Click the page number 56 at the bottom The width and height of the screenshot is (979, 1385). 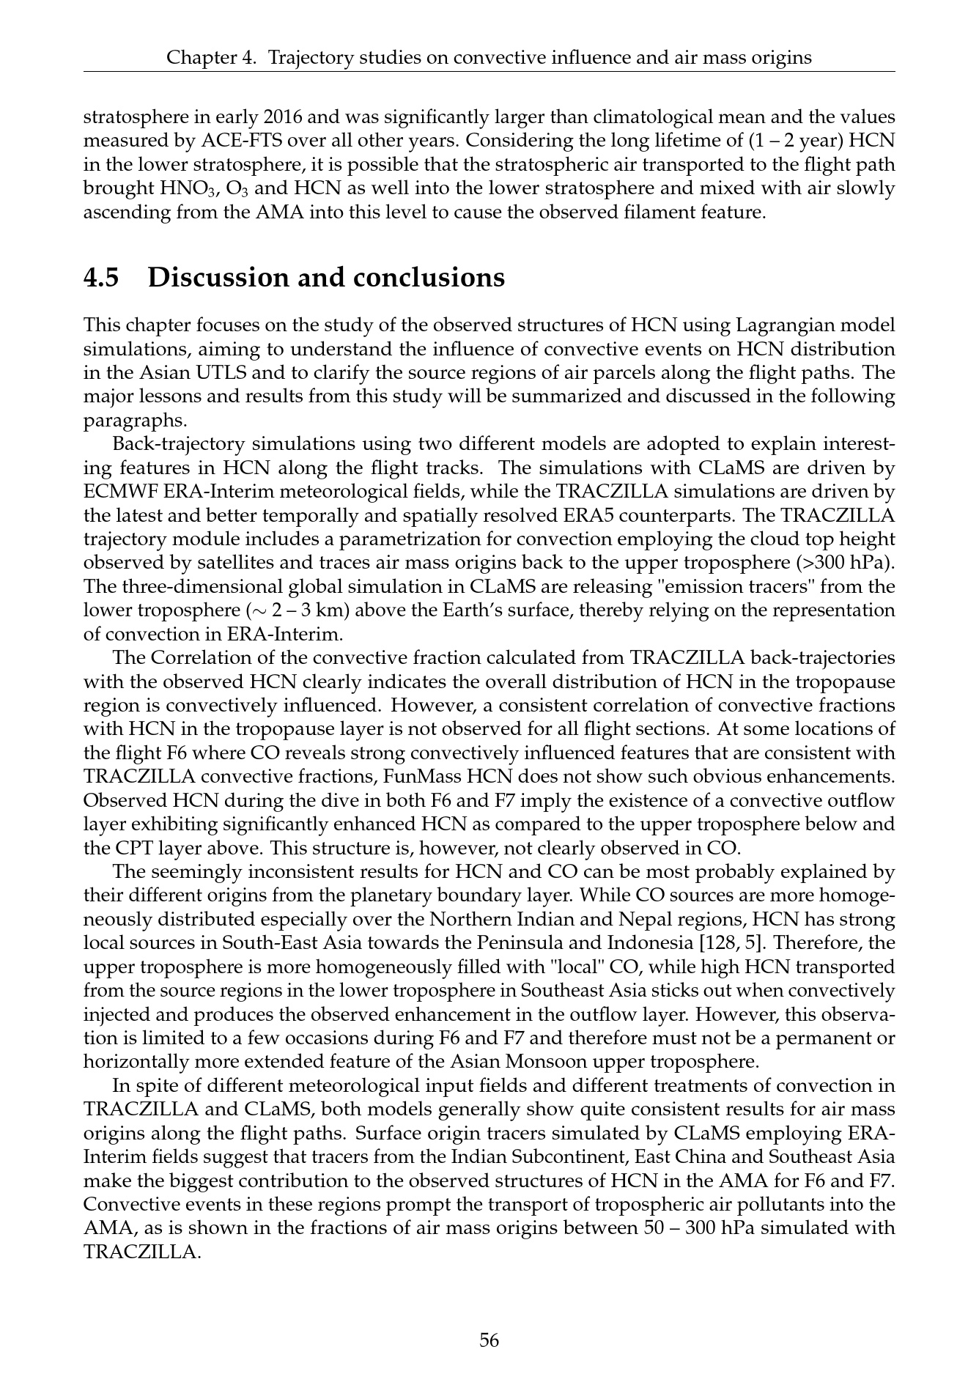489,1340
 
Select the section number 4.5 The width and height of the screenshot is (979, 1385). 102,278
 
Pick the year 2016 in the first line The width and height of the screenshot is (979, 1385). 286,117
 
